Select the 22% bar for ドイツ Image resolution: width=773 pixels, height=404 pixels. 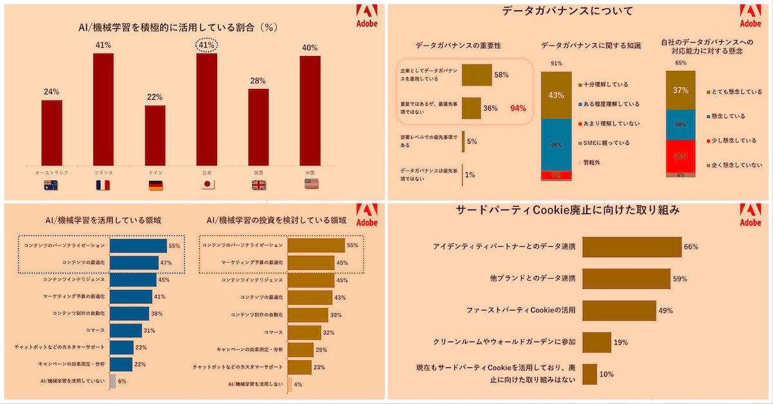[155, 137]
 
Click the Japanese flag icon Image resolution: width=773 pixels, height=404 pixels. [207, 184]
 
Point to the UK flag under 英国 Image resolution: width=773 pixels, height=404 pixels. [258, 184]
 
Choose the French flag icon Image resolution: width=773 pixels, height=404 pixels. [103, 184]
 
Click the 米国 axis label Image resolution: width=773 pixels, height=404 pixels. [310, 173]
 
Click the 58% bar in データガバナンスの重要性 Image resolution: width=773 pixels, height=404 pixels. [477, 75]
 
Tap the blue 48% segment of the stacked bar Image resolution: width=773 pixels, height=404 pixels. [556, 145]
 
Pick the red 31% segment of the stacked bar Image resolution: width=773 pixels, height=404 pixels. [680, 156]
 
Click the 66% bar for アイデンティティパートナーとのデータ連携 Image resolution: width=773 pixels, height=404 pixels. [632, 247]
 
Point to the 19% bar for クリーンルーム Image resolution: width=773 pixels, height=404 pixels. [596, 342]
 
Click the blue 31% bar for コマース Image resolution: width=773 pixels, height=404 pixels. [126, 331]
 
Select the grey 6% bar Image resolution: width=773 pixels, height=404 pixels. [113, 381]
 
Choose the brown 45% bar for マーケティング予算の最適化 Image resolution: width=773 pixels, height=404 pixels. [310, 263]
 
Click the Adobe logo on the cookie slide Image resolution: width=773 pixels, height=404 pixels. [750, 215]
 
